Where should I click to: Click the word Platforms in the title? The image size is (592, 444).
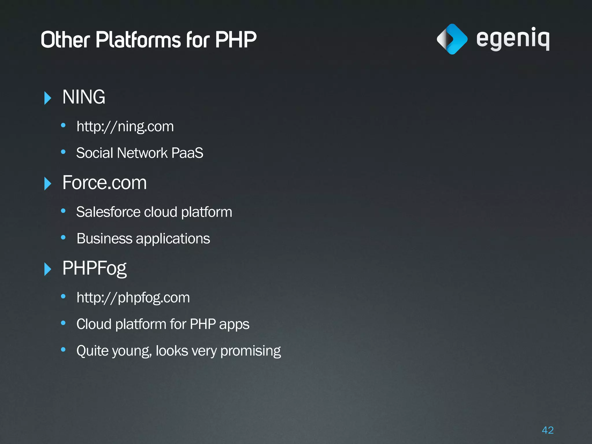[138, 40]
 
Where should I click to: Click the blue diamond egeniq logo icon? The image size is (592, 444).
[452, 39]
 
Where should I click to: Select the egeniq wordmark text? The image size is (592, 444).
[513, 39]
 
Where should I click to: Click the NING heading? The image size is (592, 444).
[84, 97]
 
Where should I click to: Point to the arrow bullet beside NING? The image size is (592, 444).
[48, 98]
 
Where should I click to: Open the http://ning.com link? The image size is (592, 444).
[125, 127]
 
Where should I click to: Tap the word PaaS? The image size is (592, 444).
[187, 153]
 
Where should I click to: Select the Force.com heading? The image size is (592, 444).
[105, 183]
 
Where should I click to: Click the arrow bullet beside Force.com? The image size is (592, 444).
[48, 184]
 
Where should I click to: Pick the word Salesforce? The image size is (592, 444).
[108, 212]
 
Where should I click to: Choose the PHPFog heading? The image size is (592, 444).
[95, 268]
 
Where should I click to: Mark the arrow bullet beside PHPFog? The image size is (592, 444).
[48, 269]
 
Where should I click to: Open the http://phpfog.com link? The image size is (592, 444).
[133, 298]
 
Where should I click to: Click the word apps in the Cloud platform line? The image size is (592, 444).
[234, 324]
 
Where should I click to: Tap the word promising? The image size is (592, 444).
[250, 351]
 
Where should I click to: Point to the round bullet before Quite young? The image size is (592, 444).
[63, 350]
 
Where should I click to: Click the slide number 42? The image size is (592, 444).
[547, 430]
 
